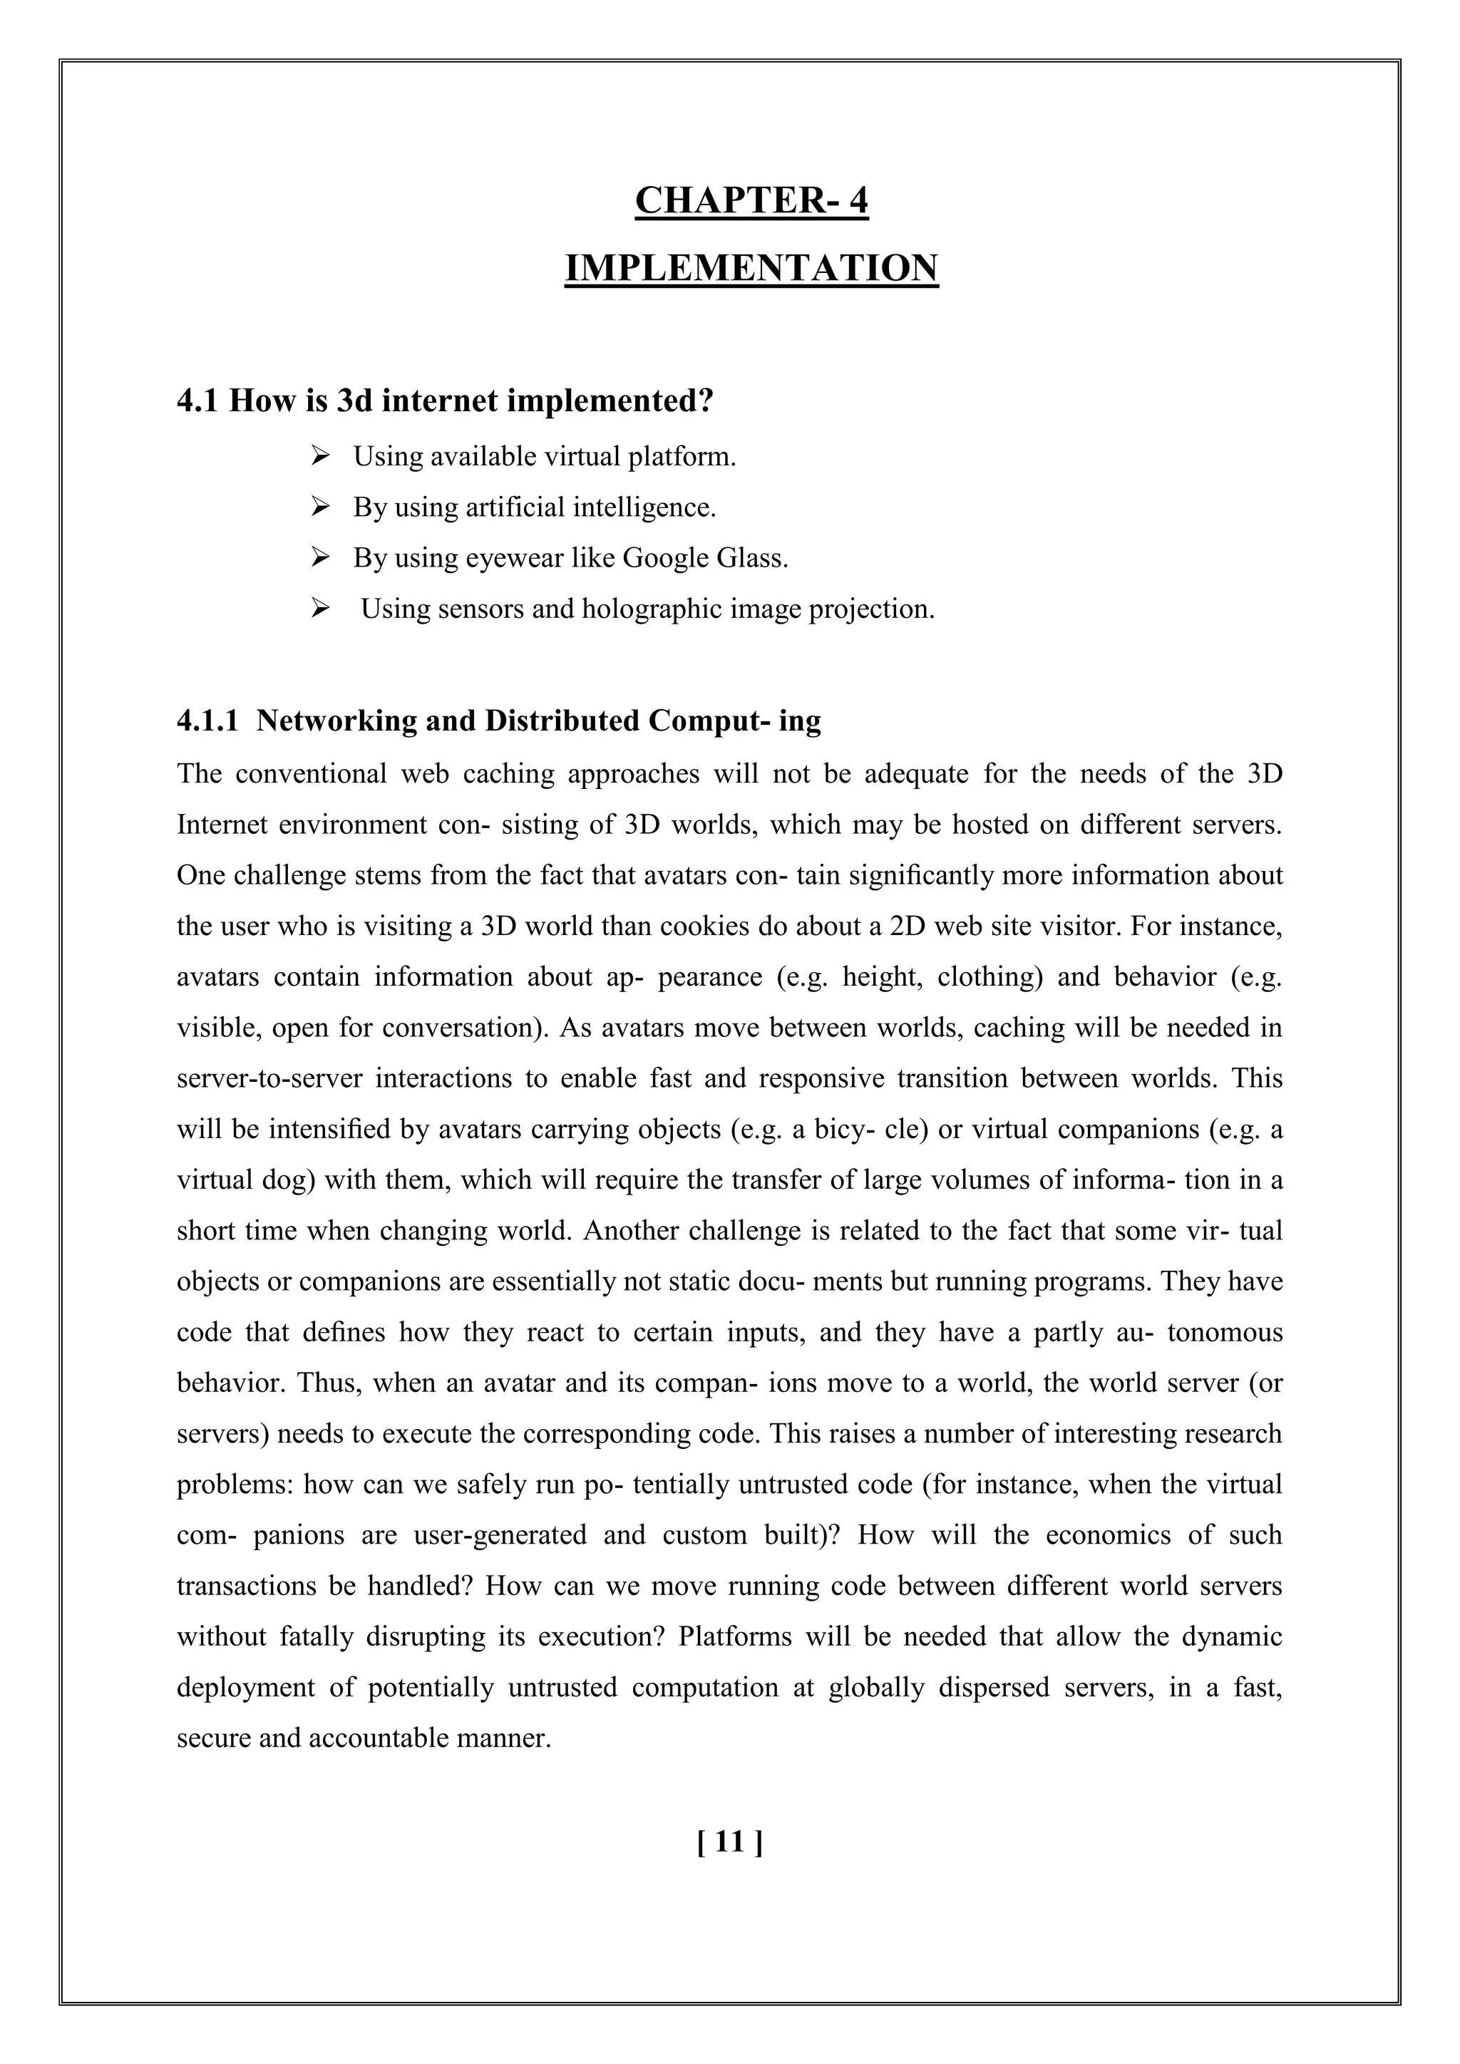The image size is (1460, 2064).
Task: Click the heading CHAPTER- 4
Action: point(751,200)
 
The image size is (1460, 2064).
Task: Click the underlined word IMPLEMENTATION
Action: point(751,268)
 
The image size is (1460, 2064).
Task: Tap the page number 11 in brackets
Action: point(730,1843)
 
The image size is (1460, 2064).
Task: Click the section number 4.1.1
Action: point(207,721)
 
